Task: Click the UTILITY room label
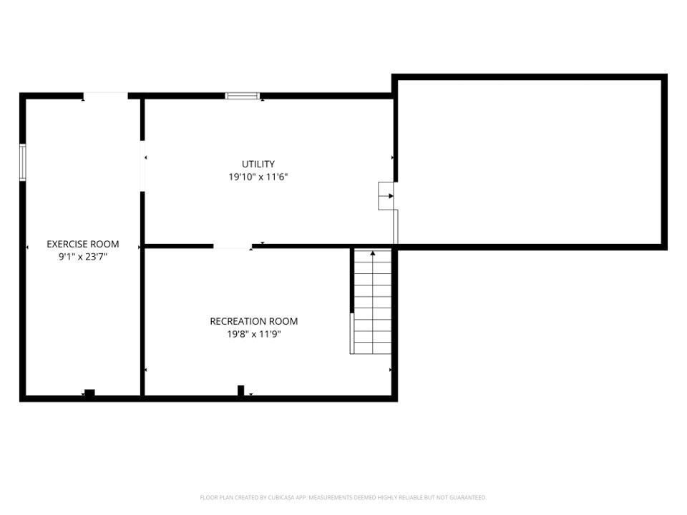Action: [x=258, y=164]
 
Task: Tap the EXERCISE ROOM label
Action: [x=83, y=244]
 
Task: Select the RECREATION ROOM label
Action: [x=253, y=321]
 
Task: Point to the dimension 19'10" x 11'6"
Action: [x=258, y=177]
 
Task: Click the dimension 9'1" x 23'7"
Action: [x=83, y=256]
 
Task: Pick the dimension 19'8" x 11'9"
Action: [x=253, y=334]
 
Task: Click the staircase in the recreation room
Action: [x=372, y=304]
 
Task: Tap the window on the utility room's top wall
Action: [x=242, y=96]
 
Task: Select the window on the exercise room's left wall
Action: [x=23, y=162]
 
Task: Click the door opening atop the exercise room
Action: [x=106, y=96]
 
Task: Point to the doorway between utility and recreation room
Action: [x=233, y=247]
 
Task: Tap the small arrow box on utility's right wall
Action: [x=386, y=196]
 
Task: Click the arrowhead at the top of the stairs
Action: [x=372, y=252]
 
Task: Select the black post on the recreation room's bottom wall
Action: [x=241, y=390]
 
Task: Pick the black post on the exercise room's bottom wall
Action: [x=89, y=392]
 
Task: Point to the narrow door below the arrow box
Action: [x=396, y=227]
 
